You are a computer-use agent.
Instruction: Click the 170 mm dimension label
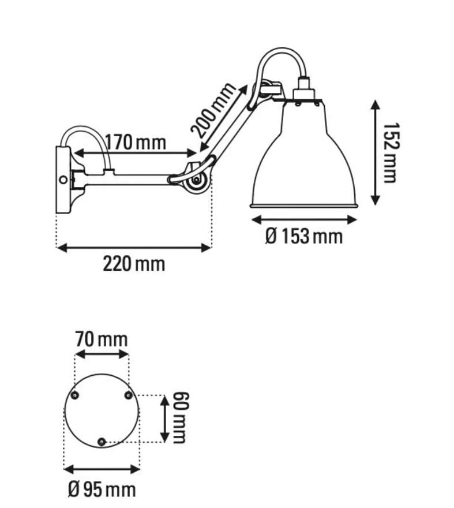click(x=136, y=141)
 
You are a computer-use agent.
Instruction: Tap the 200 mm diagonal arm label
click(x=214, y=110)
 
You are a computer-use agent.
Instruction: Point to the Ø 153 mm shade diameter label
click(x=303, y=236)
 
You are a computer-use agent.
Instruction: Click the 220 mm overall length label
click(x=134, y=264)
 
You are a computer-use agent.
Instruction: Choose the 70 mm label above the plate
click(x=101, y=339)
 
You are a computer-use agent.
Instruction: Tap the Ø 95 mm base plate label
click(x=102, y=490)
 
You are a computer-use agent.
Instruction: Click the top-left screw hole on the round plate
click(x=74, y=395)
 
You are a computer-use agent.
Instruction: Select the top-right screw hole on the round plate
click(x=128, y=395)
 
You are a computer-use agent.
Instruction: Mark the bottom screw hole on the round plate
click(x=102, y=442)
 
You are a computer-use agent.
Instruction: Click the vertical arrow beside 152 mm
click(x=376, y=152)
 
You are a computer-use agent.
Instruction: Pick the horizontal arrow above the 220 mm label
click(x=134, y=248)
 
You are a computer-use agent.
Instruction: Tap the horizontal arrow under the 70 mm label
click(x=102, y=353)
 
